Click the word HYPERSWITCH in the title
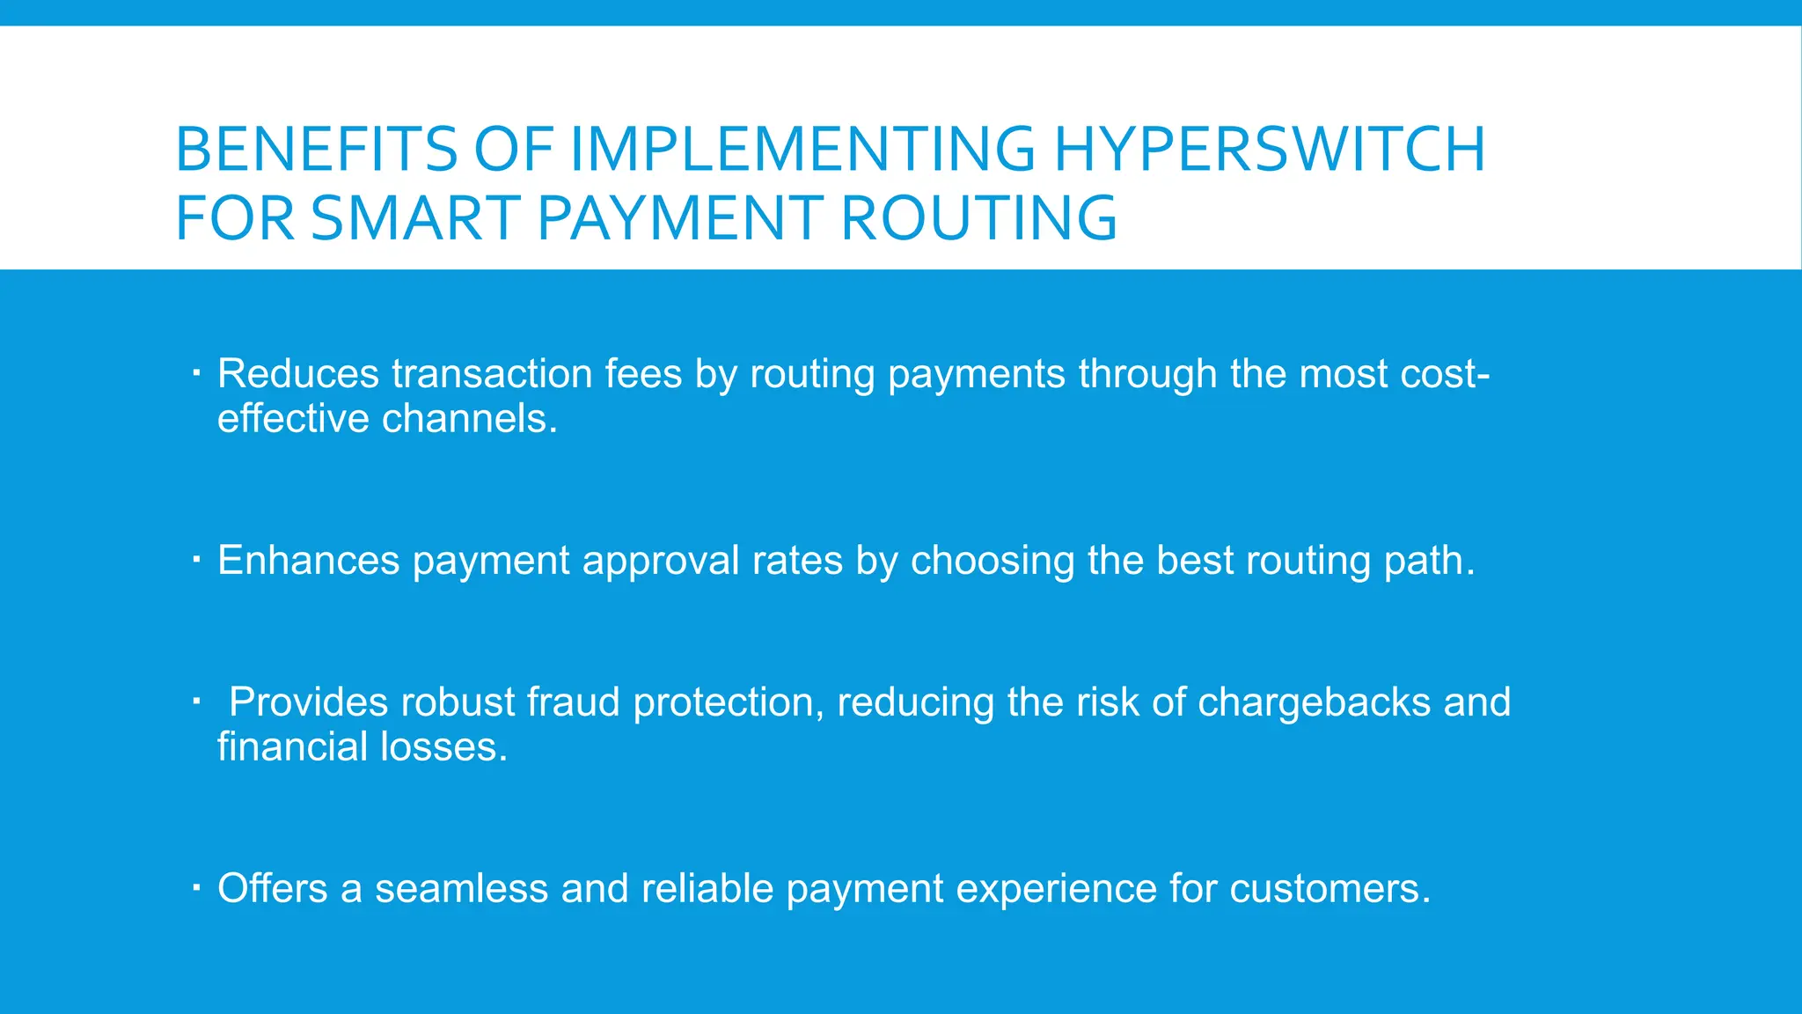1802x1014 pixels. click(1270, 149)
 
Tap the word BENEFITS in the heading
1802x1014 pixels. click(316, 149)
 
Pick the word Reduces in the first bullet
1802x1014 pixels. click(298, 374)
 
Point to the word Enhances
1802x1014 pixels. click(308, 561)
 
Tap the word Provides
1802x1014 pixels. click(308, 702)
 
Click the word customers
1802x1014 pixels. click(1330, 889)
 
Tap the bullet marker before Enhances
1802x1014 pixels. click(197, 558)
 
